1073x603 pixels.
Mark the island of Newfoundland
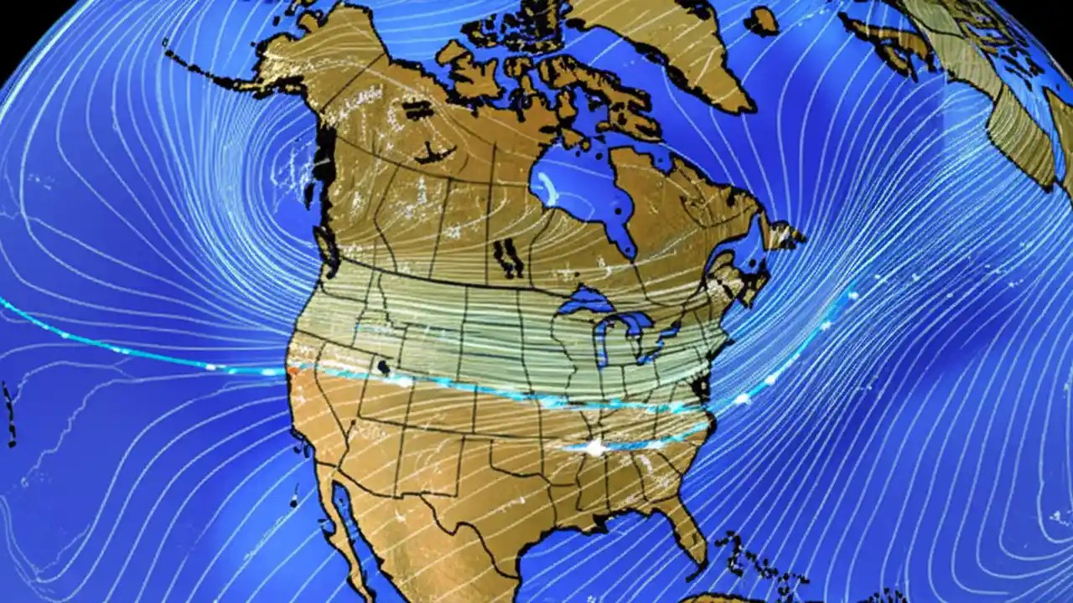(784, 234)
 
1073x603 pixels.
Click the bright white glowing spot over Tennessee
(595, 448)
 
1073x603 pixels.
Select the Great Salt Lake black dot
(384, 367)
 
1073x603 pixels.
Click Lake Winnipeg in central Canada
(507, 255)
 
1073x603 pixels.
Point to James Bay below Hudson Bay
(625, 239)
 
